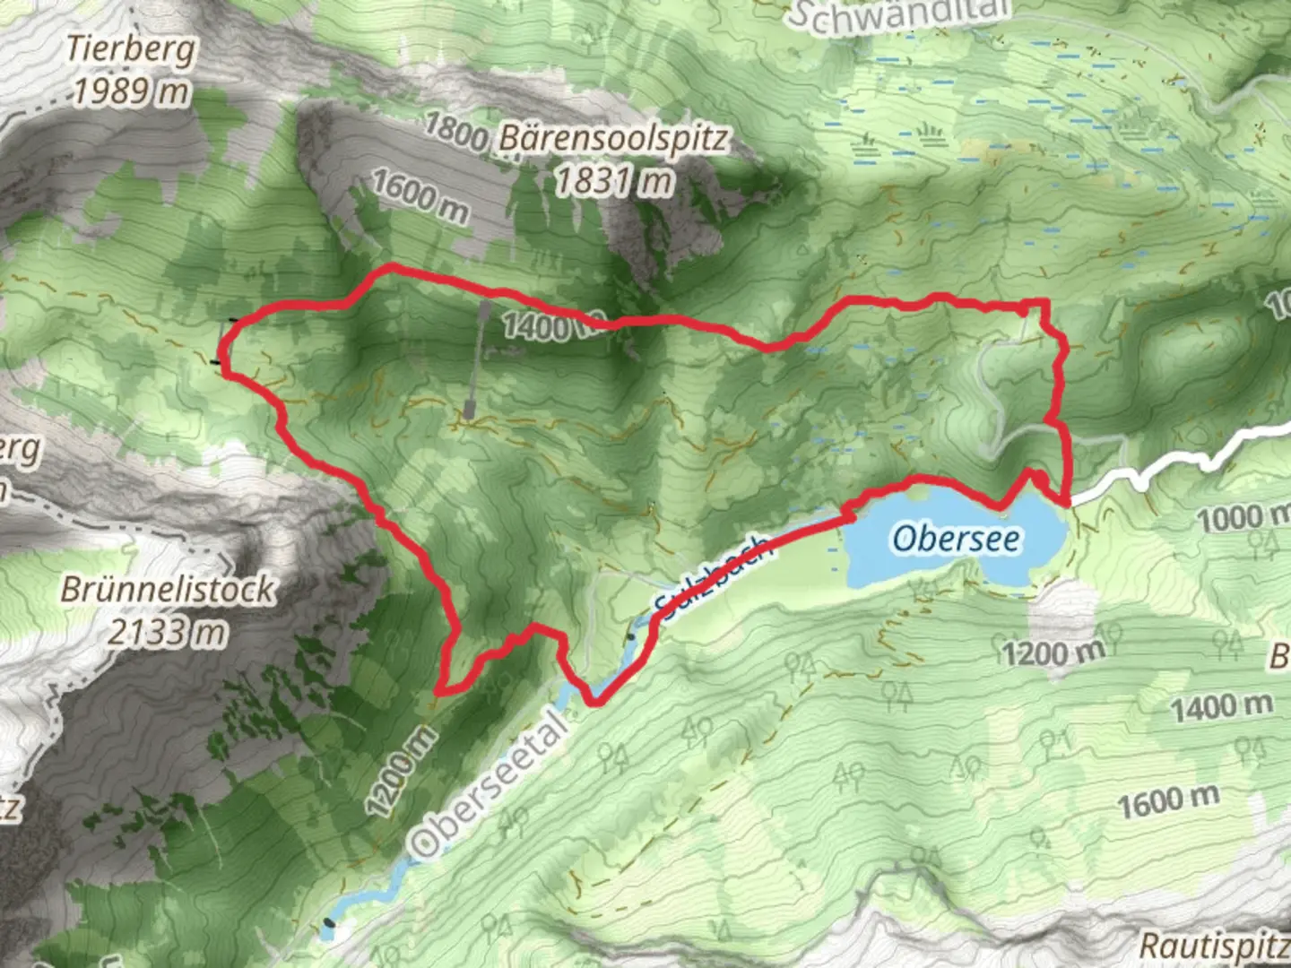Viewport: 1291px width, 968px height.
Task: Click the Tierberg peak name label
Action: tap(131, 49)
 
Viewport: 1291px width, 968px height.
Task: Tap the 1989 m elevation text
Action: tap(131, 90)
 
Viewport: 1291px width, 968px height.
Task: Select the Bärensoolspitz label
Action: tap(614, 139)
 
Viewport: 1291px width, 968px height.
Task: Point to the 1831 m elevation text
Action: tap(614, 181)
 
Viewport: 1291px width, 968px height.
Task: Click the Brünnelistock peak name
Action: tap(168, 589)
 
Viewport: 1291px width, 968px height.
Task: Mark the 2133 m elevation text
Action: tap(168, 632)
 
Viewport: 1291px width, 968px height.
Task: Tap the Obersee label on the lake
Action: tap(956, 538)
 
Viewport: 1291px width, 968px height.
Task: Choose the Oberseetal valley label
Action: tap(490, 785)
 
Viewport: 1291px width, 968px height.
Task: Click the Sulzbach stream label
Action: tap(712, 576)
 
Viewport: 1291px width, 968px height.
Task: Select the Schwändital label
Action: tap(899, 15)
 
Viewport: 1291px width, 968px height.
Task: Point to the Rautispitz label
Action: tap(1215, 944)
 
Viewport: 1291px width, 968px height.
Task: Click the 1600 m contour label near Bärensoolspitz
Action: tap(420, 196)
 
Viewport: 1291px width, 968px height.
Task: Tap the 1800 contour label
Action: tap(456, 132)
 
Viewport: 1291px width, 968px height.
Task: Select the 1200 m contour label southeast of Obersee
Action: tap(1053, 652)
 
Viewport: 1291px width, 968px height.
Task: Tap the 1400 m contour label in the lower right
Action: tap(1221, 706)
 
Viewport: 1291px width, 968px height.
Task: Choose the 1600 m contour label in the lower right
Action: tap(1168, 800)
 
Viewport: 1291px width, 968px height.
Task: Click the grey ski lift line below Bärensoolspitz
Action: tap(477, 359)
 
